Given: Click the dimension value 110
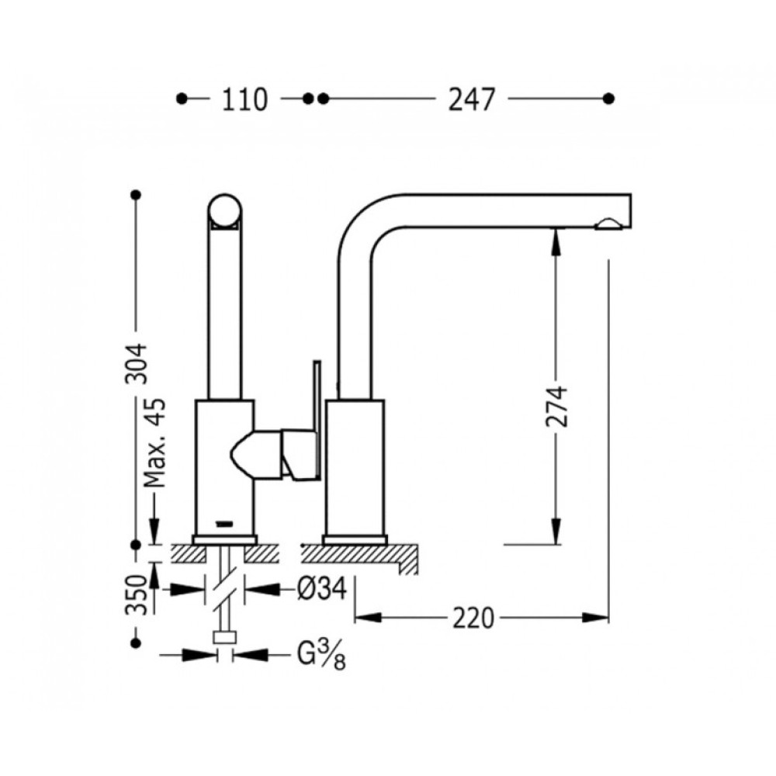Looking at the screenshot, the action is point(244,99).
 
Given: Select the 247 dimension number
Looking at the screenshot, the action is point(471,99).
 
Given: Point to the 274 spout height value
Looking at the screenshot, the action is point(556,407).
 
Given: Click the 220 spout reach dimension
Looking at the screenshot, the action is point(473,618).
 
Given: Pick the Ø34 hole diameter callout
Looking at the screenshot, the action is point(322,589).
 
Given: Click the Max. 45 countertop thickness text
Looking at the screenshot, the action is point(155,442).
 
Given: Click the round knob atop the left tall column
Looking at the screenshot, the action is point(225,210).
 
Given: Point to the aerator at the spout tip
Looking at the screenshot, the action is point(610,226).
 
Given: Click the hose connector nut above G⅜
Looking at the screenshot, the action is point(225,637).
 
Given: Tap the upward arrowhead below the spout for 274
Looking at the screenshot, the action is point(556,242).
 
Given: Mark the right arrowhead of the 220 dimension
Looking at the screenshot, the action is point(595,618).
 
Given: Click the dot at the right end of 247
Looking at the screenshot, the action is point(609,99).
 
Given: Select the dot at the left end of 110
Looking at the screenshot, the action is point(182,99).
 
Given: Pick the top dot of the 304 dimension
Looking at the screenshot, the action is point(136,195).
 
